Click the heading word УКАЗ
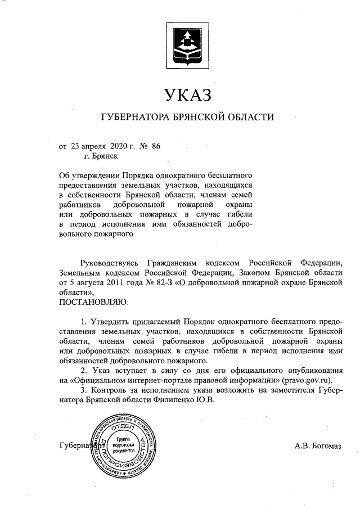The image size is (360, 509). coord(187,94)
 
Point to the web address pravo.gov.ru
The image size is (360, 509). coord(307,380)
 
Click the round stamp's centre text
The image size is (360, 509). coord(123,445)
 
